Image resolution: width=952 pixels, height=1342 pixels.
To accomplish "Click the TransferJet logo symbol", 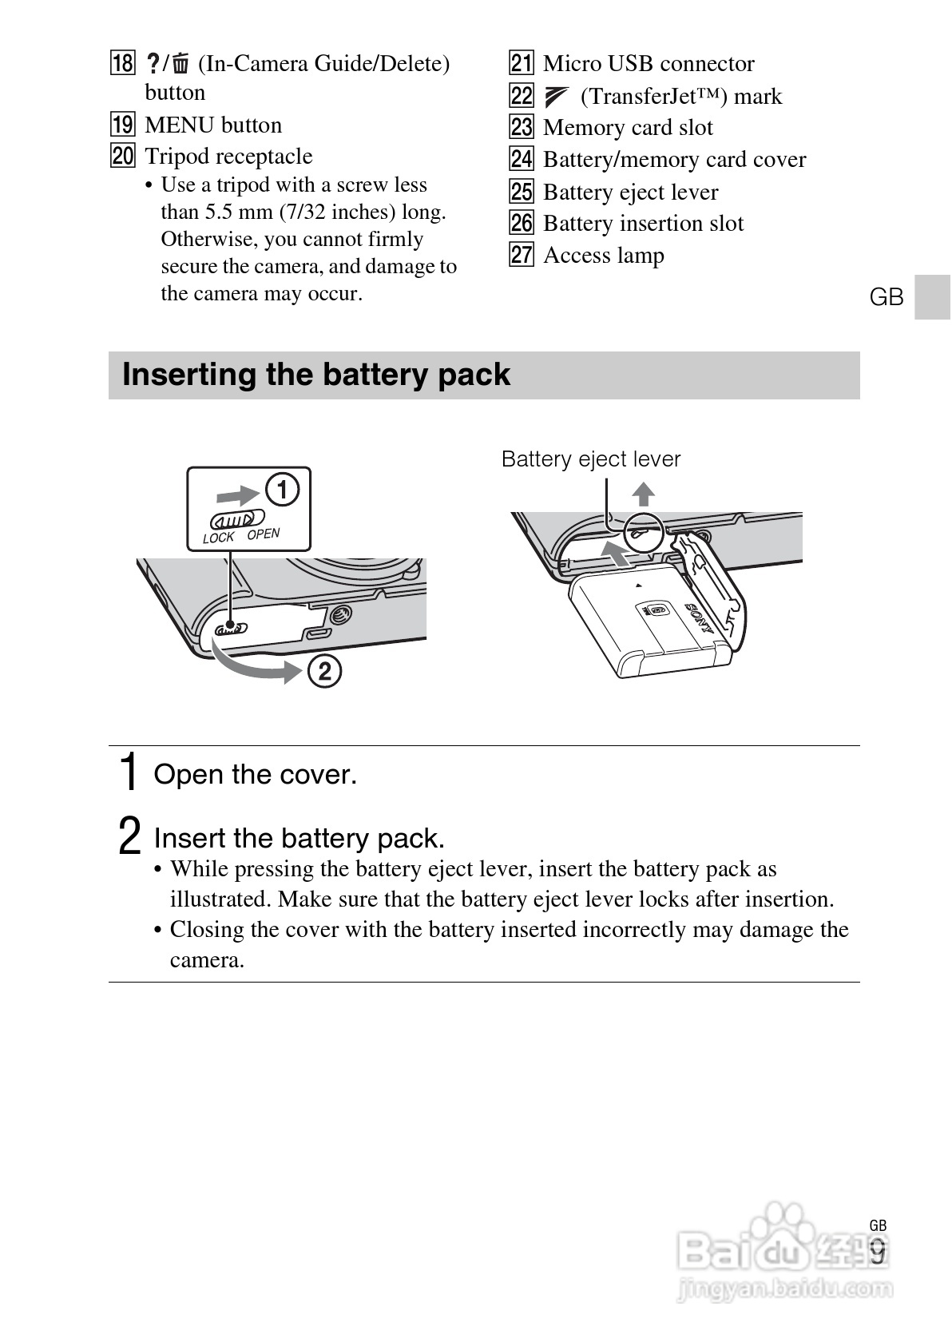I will (x=554, y=97).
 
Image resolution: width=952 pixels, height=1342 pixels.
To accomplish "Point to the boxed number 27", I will (x=521, y=255).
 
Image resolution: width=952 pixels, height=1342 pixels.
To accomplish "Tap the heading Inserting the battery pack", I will (x=315, y=375).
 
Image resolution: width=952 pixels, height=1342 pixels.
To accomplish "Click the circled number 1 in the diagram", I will (x=282, y=489).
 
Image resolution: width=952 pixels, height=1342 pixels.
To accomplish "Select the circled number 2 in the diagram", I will (x=324, y=671).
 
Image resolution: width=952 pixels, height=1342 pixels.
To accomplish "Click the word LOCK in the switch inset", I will (x=218, y=538).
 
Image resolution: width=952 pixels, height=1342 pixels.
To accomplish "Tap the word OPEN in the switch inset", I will (x=264, y=534).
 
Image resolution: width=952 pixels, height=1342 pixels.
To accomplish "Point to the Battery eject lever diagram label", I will (x=590, y=459).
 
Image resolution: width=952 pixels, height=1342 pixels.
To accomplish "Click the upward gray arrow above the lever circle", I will (x=643, y=494).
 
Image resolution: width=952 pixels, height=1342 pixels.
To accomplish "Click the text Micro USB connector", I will (x=648, y=63).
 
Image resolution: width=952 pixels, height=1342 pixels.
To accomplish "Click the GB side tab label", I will (x=886, y=297).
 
